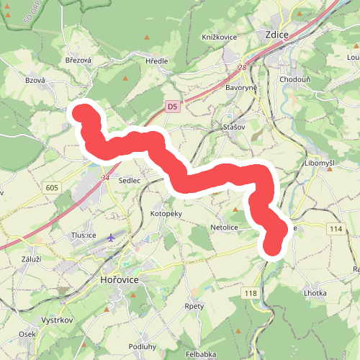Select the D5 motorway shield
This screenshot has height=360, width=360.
click(171, 107)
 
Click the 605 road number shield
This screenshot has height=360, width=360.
click(51, 188)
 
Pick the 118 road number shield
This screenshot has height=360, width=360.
click(251, 292)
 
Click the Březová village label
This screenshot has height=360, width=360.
click(78, 60)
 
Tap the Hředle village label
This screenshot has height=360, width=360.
click(156, 61)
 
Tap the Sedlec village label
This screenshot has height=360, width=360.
click(129, 180)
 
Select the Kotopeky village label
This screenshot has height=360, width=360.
click(166, 214)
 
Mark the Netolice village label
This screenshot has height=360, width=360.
click(224, 227)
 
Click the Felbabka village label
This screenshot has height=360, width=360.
click(201, 355)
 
